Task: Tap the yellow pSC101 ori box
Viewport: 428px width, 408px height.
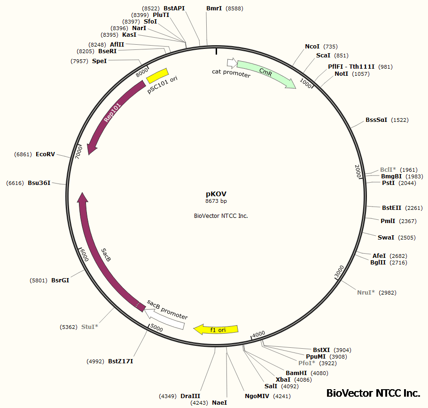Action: [157, 75]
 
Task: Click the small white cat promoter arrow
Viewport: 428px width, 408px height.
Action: [231, 63]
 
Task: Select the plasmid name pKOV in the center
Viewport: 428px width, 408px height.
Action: [216, 193]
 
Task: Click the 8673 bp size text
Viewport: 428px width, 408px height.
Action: [216, 201]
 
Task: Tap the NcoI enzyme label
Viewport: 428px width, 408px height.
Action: [312, 46]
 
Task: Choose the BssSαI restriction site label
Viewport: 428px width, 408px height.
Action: [376, 120]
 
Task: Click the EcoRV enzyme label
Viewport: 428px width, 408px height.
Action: [45, 154]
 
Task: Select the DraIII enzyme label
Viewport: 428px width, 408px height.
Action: [190, 396]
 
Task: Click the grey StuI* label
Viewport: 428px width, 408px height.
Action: [90, 326]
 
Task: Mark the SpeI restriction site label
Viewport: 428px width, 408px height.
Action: [99, 61]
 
